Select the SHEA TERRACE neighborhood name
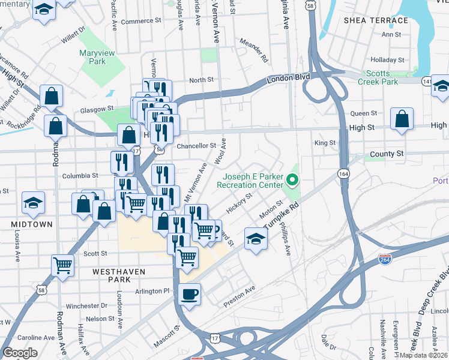click(x=376, y=20)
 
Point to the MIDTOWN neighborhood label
click(x=31, y=224)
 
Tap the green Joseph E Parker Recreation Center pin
click(x=292, y=179)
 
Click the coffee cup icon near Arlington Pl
click(x=190, y=294)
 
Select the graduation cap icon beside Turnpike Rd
click(x=256, y=238)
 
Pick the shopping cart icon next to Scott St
click(x=63, y=265)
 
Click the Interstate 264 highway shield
click(x=385, y=259)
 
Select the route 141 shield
click(x=427, y=80)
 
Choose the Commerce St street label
click(x=142, y=21)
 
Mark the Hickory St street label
click(x=238, y=203)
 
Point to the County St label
click(x=387, y=154)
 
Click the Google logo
click(x=20, y=352)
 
